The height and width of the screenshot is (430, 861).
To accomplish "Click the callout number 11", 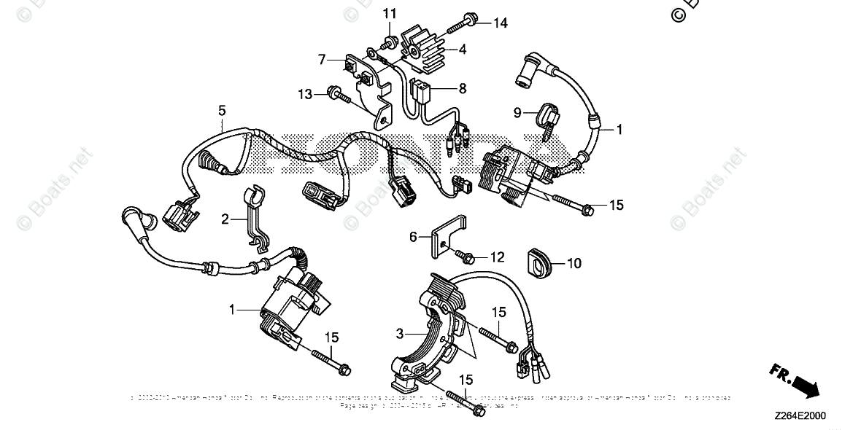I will pyautogui.click(x=390, y=14).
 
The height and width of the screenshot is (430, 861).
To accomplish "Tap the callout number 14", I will pyautogui.click(x=499, y=23).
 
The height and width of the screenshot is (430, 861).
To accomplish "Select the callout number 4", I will pyautogui.click(x=463, y=50).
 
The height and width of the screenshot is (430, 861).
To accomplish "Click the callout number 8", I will pyautogui.click(x=462, y=88).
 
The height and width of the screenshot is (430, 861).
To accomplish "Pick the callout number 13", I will pyautogui.click(x=305, y=94).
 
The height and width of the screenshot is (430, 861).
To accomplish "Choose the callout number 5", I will pyautogui.click(x=222, y=111).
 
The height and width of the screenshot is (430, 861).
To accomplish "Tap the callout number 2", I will pyautogui.click(x=225, y=218).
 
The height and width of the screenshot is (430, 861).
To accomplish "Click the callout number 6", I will pyautogui.click(x=413, y=236).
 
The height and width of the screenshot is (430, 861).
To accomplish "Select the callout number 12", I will pyautogui.click(x=497, y=257).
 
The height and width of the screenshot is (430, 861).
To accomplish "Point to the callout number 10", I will pyautogui.click(x=574, y=263).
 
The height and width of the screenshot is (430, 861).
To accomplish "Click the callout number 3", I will pyautogui.click(x=399, y=334).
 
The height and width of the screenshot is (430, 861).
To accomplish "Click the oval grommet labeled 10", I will pyautogui.click(x=538, y=264).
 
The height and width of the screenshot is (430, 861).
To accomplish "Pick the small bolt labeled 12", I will pyautogui.click(x=466, y=256).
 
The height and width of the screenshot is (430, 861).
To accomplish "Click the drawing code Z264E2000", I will pyautogui.click(x=800, y=416).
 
